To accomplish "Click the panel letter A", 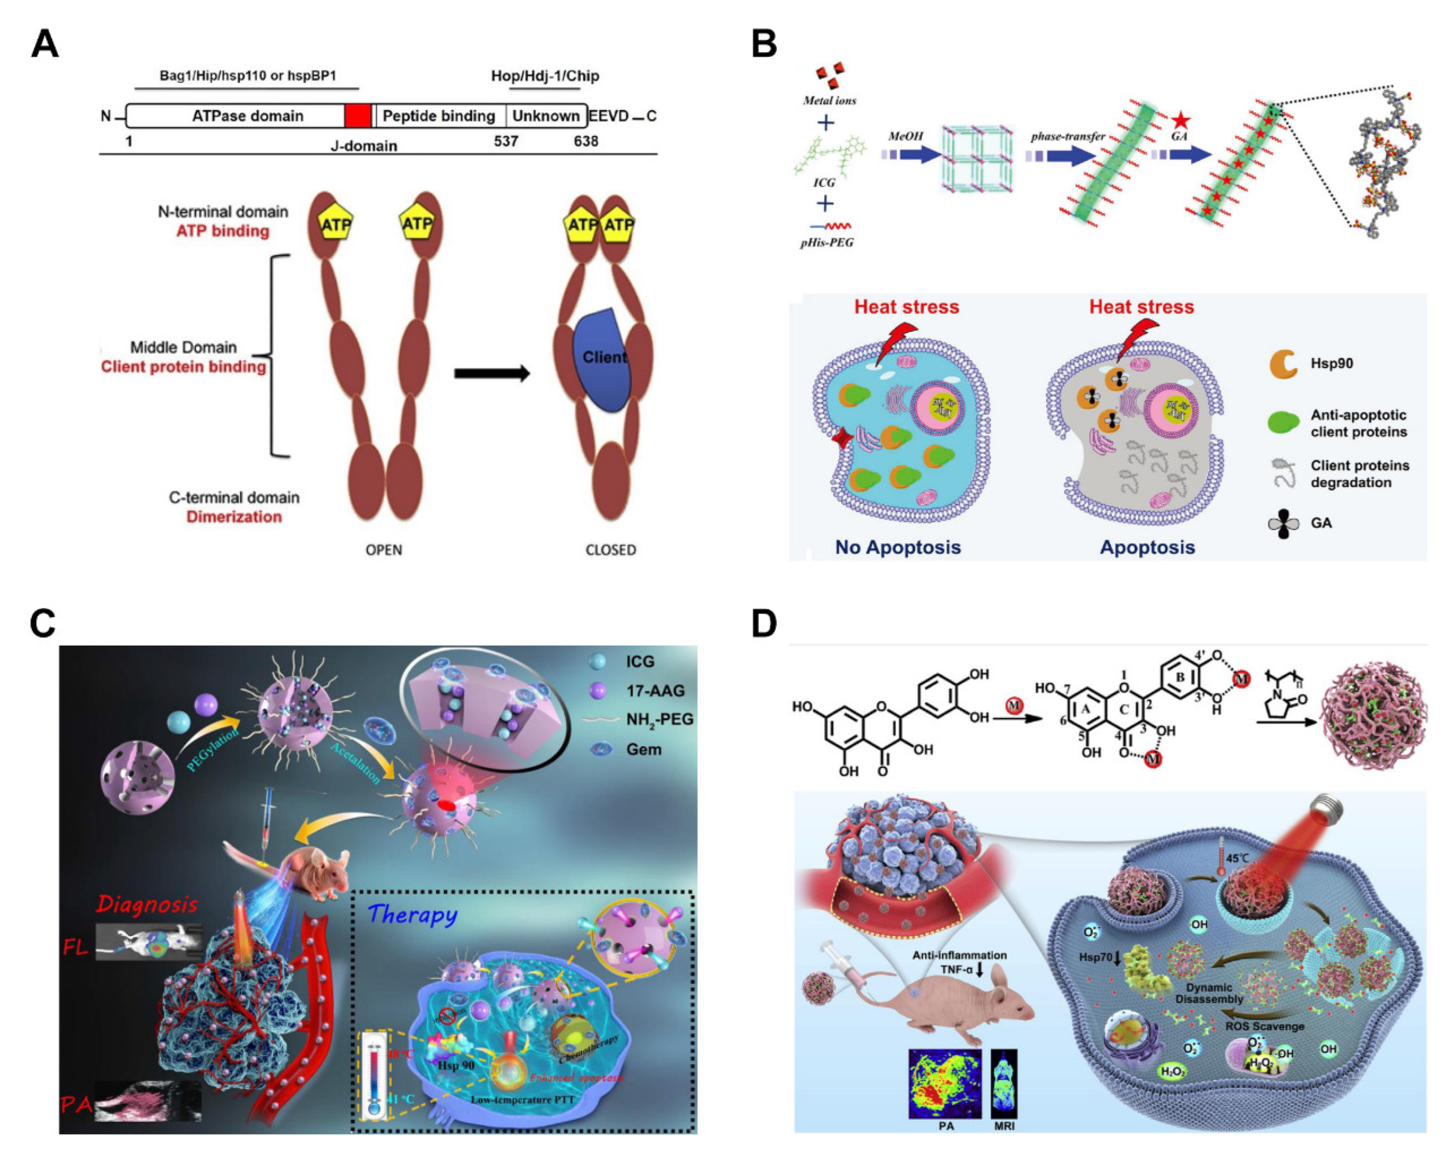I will coord(45,45).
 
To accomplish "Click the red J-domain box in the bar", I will coord(357,116).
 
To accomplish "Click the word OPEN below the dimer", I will coord(383,550).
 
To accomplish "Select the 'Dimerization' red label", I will coord(234,517).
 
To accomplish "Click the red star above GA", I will coord(1181,121).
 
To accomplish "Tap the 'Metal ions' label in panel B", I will coord(829,101).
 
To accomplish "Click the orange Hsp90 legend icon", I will coord(1283,364).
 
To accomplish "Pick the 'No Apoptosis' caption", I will coord(897,548).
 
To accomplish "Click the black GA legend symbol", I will coord(1283,523).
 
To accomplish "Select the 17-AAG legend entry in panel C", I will coord(655,691).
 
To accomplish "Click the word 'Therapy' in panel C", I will coord(413,914).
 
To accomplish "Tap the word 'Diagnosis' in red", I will coord(147,904).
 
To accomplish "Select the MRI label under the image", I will coord(1004,1126).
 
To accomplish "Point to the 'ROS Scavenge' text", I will coord(1265,1026).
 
